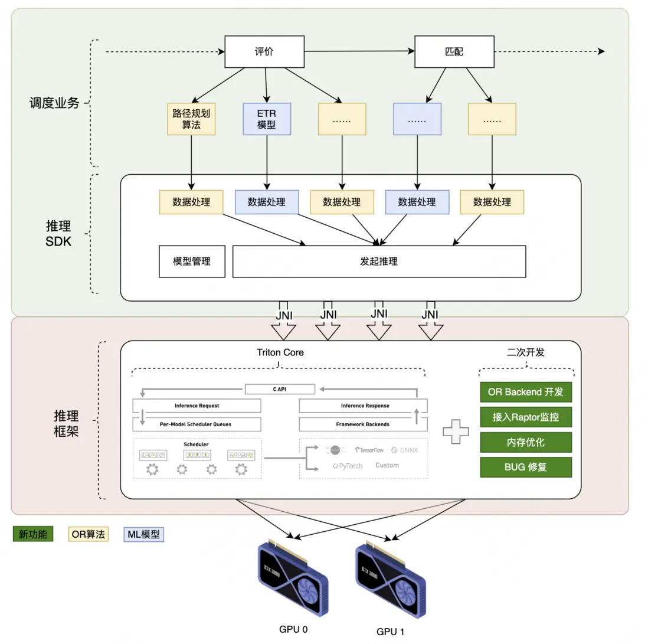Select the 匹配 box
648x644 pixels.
point(454,52)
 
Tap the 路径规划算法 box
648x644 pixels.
point(191,119)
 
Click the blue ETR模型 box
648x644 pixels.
point(267,119)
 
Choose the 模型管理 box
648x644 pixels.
point(192,261)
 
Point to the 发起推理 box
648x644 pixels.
point(379,261)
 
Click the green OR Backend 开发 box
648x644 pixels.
point(526,391)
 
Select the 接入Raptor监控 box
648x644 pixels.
point(526,417)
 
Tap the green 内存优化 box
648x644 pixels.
point(526,442)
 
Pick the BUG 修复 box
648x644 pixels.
point(526,467)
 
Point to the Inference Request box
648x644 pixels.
point(197,406)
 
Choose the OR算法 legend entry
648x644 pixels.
point(88,535)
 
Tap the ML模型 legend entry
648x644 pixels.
point(144,535)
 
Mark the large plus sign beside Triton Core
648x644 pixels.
point(456,431)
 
